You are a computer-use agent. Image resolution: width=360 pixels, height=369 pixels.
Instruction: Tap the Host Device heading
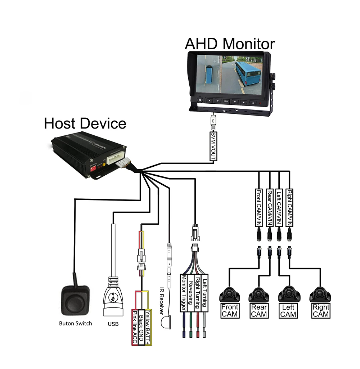(x=85, y=123)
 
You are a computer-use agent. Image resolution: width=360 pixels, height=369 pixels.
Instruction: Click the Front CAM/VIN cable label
(x=259, y=208)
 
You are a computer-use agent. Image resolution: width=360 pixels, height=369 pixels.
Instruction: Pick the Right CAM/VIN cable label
(x=289, y=208)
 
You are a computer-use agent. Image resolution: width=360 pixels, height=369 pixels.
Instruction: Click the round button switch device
(x=75, y=299)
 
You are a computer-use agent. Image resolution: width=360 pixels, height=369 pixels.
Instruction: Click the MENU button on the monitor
(x=226, y=101)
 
